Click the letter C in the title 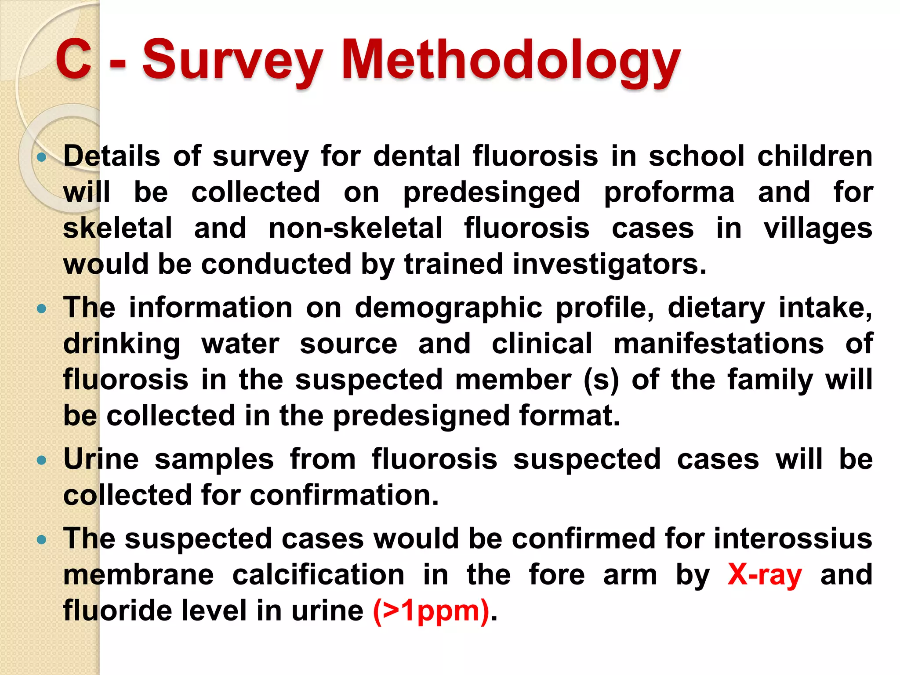click(73, 59)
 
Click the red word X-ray click(765, 574)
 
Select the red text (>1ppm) click(431, 610)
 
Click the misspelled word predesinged click(492, 193)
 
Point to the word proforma click(669, 193)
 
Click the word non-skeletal click(355, 228)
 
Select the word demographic click(448, 308)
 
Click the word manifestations click(719, 343)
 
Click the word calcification click(318, 574)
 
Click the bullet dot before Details click(42, 157)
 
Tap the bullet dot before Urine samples click(42, 460)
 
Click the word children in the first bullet click(815, 156)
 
